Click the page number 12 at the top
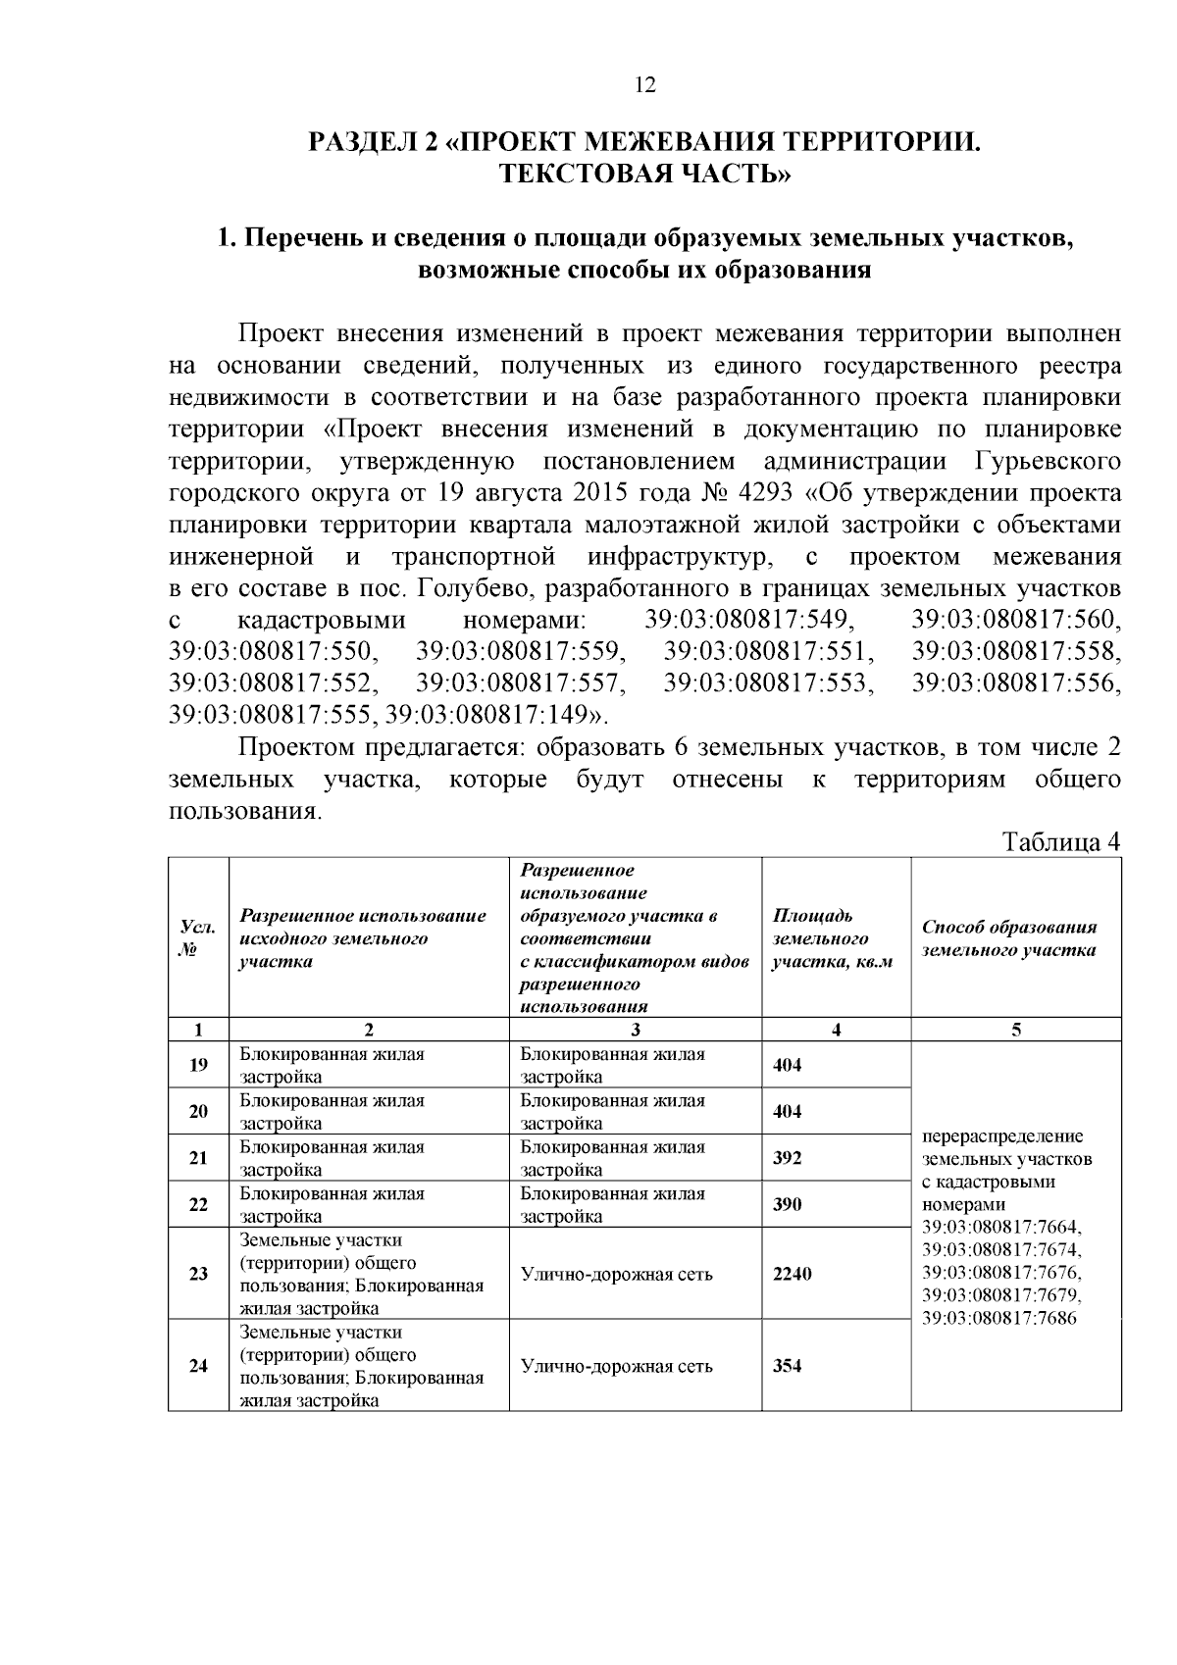click(x=644, y=84)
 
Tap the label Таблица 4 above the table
click(x=1059, y=842)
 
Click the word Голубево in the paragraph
click(x=476, y=588)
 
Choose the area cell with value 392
click(x=788, y=1158)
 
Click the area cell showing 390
click(x=788, y=1204)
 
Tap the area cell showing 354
click(x=788, y=1366)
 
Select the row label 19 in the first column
click(x=198, y=1065)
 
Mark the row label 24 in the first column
click(x=198, y=1366)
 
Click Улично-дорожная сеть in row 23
click(x=616, y=1274)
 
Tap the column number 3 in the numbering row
click(x=636, y=1030)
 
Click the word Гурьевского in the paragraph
click(x=1049, y=460)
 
